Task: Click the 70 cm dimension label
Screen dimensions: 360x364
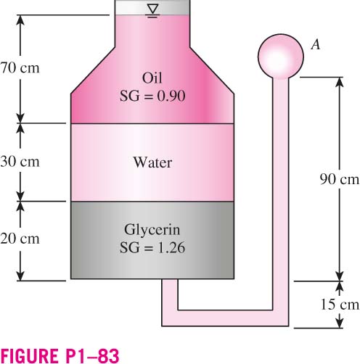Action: point(20,68)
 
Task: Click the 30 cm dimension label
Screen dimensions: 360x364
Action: point(20,162)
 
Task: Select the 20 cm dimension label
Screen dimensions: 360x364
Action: point(20,239)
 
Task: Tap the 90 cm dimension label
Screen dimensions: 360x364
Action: point(340,180)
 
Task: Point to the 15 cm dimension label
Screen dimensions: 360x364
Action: point(340,305)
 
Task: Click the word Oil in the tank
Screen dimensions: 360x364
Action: point(152,78)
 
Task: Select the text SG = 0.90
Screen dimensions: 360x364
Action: point(152,96)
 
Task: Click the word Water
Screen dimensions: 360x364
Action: point(152,162)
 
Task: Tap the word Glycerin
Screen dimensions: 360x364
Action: point(152,230)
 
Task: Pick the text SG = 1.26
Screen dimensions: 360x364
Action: point(152,247)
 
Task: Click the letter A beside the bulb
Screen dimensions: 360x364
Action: point(316,44)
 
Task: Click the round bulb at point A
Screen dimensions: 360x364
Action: point(281,57)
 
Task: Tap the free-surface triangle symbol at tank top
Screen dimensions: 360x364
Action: point(153,9)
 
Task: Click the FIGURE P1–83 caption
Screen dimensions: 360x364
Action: point(60,355)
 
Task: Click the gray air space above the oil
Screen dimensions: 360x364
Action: point(152,7)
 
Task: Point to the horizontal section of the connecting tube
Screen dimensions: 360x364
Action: point(225,318)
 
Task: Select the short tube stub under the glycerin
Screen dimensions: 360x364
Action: point(170,294)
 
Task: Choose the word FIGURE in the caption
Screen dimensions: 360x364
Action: point(28,355)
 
